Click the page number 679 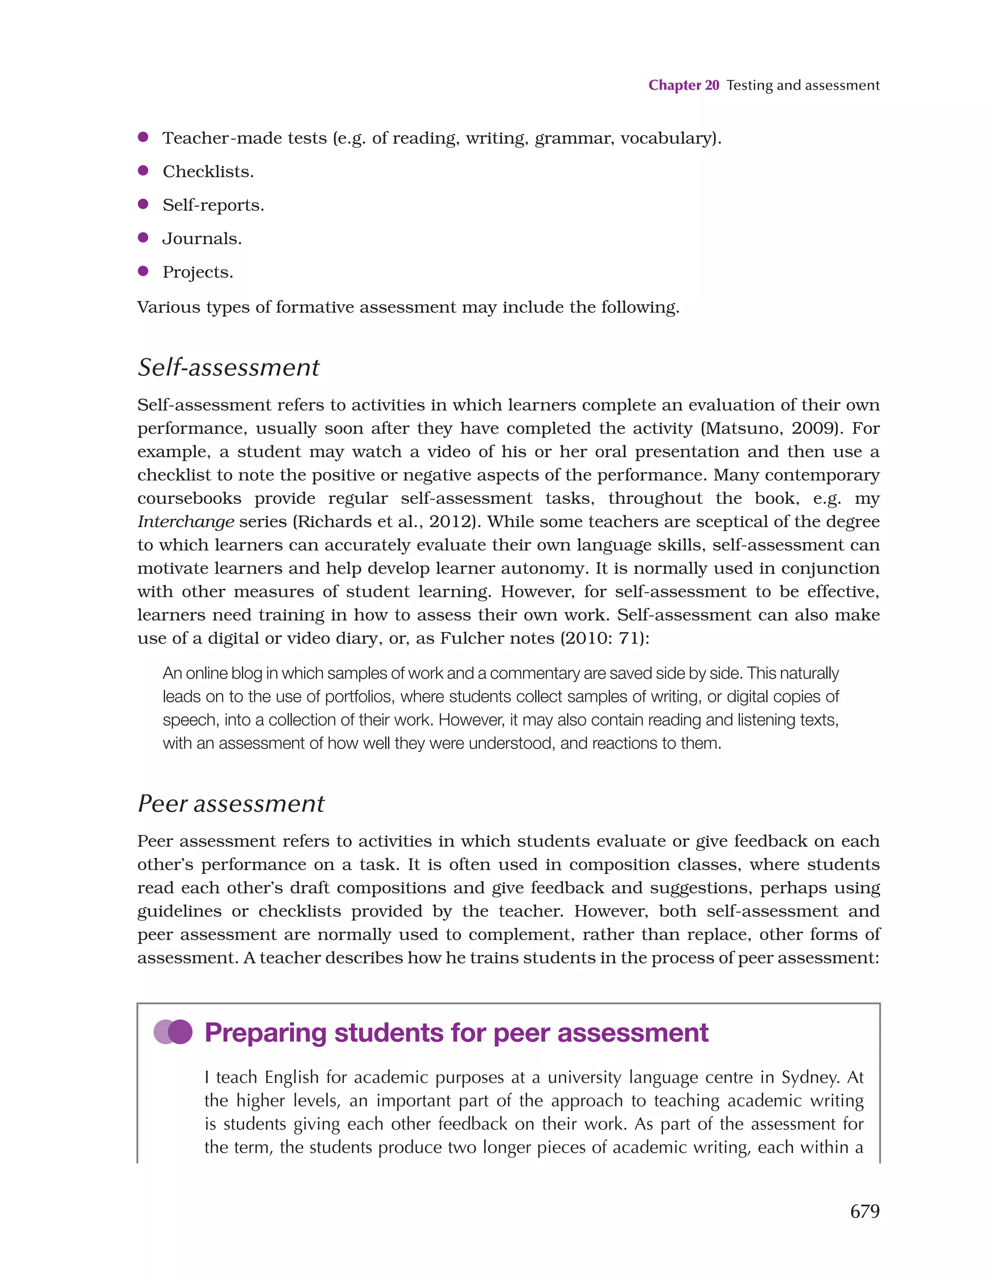[x=864, y=1211]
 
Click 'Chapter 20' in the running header [x=683, y=85]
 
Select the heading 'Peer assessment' [x=231, y=804]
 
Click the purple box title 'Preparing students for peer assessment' [x=456, y=1032]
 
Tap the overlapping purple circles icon [x=172, y=1032]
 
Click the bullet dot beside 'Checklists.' [x=142, y=171]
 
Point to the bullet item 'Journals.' [x=202, y=238]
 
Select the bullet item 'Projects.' [x=198, y=272]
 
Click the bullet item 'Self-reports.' [x=213, y=205]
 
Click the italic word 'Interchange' [x=186, y=521]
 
